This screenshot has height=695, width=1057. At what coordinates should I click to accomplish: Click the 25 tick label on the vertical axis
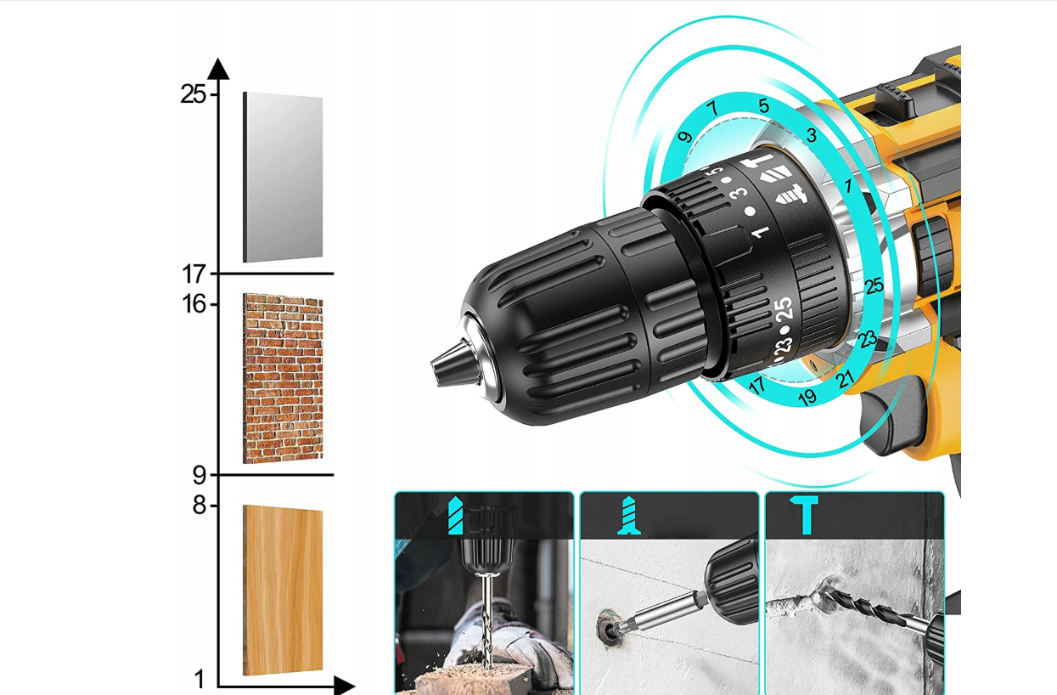(194, 94)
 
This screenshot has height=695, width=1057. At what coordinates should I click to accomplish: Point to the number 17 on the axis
(194, 274)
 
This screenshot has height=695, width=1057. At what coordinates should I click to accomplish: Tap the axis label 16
(194, 304)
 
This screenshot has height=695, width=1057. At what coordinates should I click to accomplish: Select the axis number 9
(200, 476)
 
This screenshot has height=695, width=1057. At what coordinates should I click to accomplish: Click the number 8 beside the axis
(200, 506)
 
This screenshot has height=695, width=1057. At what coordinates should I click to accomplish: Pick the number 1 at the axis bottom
(200, 680)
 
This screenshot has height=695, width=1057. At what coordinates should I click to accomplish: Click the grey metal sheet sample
(283, 177)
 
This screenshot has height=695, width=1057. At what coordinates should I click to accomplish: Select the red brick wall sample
(283, 378)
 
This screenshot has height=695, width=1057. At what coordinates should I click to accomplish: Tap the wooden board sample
(283, 590)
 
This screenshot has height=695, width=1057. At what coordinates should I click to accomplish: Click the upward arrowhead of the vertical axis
(218, 69)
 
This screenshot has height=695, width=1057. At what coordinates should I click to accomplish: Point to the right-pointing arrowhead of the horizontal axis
(345, 686)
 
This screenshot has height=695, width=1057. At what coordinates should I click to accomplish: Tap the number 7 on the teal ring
(712, 109)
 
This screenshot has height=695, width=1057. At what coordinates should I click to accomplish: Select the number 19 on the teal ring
(807, 398)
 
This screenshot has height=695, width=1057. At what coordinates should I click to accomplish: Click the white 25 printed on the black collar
(784, 309)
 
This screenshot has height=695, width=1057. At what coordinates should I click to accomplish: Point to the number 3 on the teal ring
(811, 135)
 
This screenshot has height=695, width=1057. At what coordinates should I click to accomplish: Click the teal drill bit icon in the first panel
(455, 515)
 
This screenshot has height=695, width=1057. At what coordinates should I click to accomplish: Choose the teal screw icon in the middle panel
(629, 516)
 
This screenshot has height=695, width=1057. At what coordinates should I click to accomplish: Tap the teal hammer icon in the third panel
(804, 515)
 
